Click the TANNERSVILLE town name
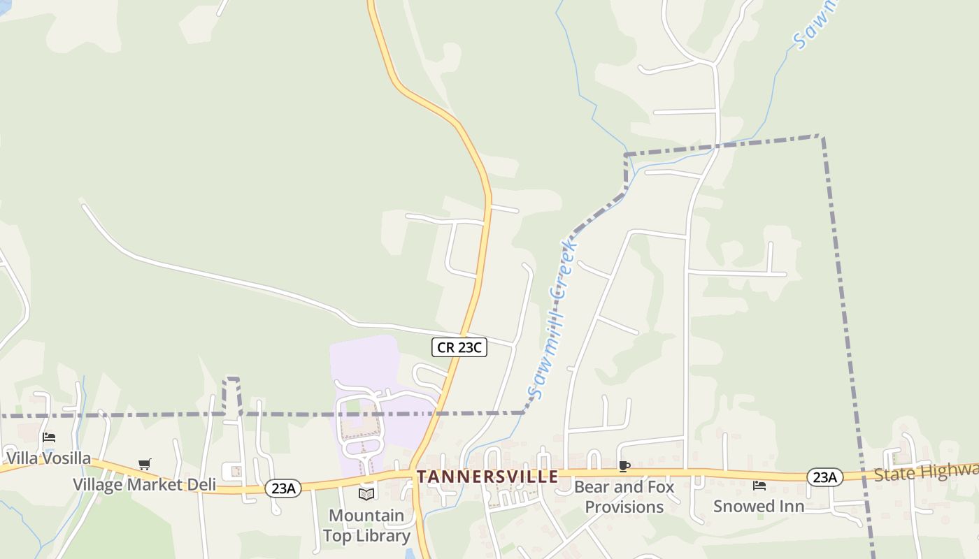point(487,477)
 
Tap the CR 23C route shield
point(459,347)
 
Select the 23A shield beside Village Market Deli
point(283,488)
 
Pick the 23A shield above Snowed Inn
point(824,477)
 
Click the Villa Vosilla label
point(49,458)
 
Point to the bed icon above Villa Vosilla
point(49,437)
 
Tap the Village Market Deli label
point(145,485)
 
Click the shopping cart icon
point(145,465)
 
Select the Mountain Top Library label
point(366,525)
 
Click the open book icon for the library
point(366,495)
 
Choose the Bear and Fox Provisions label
point(624,496)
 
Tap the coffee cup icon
point(624,466)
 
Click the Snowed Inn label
point(759,506)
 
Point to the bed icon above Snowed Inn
point(759,486)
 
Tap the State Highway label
point(926,472)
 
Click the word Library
point(382,536)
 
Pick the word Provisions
point(624,507)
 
